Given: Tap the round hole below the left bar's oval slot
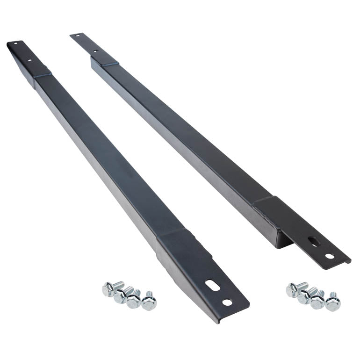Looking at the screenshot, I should tap(227, 302).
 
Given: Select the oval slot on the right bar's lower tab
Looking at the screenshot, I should tap(312, 242).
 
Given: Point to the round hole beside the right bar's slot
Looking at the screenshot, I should tap(330, 256).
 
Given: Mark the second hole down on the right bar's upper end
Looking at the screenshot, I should tap(95, 50).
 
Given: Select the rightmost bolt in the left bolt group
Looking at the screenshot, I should tap(150, 301).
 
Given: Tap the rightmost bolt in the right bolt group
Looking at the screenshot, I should tap(333, 302).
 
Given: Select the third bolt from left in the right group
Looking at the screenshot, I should tap(318, 300).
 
